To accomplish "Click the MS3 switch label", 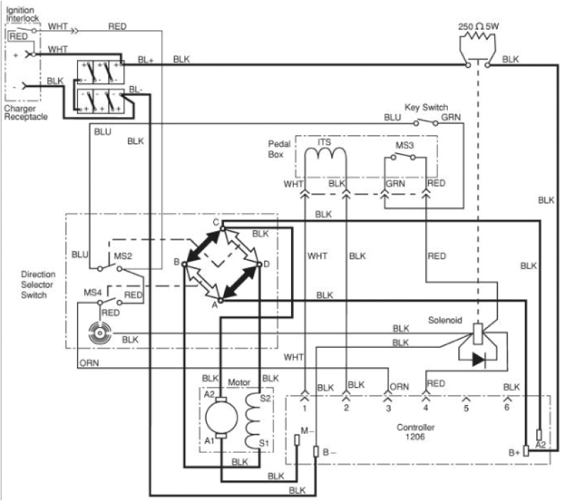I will pyautogui.click(x=404, y=145).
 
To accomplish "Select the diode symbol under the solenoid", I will pyautogui.click(x=478, y=360).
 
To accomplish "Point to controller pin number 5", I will pyautogui.click(x=466, y=408).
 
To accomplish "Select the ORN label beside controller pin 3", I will pyautogui.click(x=400, y=387).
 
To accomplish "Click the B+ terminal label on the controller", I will pyautogui.click(x=514, y=451).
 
